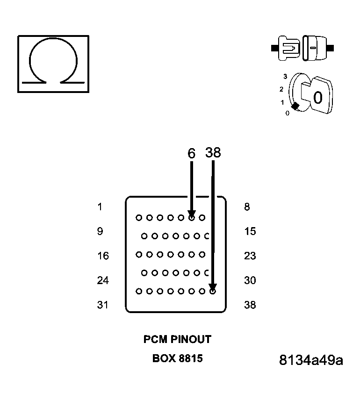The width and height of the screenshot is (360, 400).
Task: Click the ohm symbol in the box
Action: tap(53, 64)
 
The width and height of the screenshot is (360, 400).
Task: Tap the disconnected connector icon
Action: tap(302, 48)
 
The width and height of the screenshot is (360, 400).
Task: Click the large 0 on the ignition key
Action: tap(318, 98)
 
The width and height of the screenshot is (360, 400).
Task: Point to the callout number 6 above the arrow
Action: tap(191, 153)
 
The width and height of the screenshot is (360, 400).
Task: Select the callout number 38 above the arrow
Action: tap(213, 152)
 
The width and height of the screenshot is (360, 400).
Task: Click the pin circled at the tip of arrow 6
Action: tap(192, 217)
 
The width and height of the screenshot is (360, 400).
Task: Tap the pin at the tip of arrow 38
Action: tap(213, 291)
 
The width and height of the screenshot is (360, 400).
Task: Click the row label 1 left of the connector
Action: tap(100, 207)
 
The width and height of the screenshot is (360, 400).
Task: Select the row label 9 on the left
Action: tap(100, 231)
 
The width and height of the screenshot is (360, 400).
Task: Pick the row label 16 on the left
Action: tap(103, 256)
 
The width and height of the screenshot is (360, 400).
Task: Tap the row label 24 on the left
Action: tap(103, 280)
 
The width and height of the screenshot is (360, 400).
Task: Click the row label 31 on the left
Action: tap(103, 305)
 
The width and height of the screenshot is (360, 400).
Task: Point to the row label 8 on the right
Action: tap(247, 207)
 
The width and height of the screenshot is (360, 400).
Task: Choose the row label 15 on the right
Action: tap(250, 231)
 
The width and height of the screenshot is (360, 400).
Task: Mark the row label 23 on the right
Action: tap(250, 256)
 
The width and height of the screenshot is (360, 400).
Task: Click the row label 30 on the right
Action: tap(250, 280)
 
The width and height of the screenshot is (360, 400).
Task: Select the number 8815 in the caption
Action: tap(191, 359)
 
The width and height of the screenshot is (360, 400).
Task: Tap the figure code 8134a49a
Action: tap(310, 361)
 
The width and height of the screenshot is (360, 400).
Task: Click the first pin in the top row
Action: tap(138, 217)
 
